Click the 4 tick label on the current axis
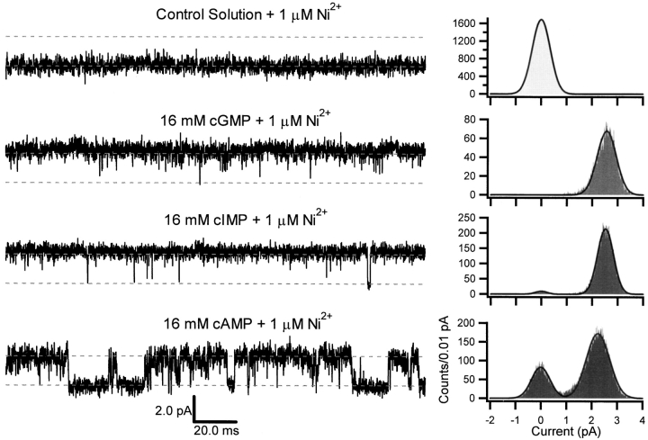pos(643,419)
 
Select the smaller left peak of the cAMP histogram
pos(540,367)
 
